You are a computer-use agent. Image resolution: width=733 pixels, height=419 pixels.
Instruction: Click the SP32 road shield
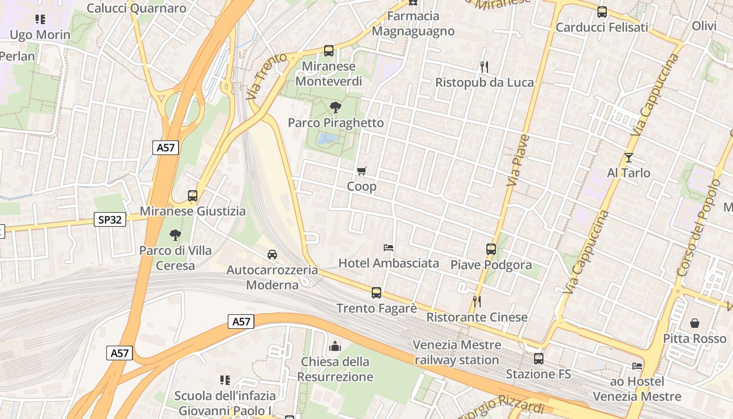coord(110,219)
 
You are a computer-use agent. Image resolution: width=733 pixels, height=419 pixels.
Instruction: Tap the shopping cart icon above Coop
coord(361,171)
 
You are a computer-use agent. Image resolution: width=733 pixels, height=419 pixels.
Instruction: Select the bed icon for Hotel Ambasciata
coord(388,247)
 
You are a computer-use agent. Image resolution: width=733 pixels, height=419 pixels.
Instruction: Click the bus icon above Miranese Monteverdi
coord(329,51)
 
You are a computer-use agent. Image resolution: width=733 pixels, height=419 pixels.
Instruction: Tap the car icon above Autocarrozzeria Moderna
coord(272,255)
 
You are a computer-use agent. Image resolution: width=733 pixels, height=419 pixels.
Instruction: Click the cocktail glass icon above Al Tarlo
coord(628,157)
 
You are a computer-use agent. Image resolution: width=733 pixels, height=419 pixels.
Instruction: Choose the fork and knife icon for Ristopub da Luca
coord(484,67)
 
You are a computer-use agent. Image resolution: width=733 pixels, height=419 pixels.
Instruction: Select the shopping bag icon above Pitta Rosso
coord(695,323)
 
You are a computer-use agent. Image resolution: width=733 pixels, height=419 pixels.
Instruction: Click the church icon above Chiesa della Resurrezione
coord(335,346)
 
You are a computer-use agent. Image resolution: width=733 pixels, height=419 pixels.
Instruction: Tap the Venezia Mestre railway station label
coord(457,352)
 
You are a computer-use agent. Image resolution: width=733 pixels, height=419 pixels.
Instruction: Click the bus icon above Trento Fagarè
coord(376,293)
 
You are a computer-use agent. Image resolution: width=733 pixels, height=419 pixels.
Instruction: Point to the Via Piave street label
coord(519,160)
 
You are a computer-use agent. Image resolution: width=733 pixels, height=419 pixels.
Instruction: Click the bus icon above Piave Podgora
coord(491,249)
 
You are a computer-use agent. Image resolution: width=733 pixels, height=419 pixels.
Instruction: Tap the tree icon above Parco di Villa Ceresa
coord(175,235)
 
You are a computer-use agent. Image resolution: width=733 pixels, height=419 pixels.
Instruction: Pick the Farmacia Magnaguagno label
coord(413,24)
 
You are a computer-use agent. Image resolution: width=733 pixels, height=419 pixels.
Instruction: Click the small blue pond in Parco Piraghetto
coord(328,138)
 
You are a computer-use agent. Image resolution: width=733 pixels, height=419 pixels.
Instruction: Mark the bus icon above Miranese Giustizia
coord(193,196)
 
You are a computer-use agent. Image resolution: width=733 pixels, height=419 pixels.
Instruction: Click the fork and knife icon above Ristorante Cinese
coord(476,301)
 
